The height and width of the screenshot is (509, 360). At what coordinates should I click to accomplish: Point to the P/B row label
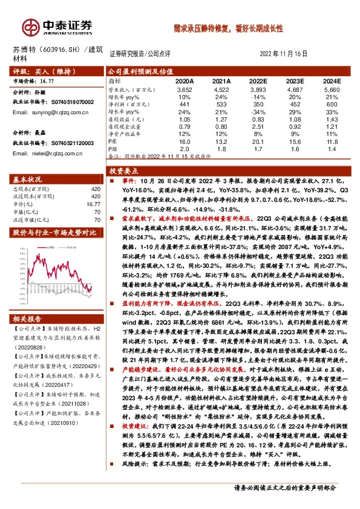click(x=114, y=149)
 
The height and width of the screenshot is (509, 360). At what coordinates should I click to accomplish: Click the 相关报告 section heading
click(x=29, y=319)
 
